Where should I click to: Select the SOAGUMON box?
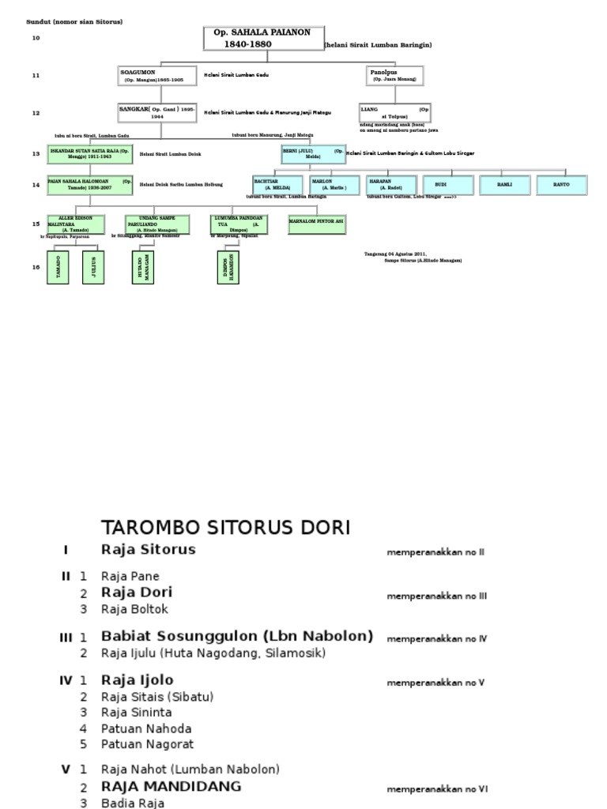point(157,76)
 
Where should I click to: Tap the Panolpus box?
point(395,76)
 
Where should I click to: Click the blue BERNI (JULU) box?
point(313,153)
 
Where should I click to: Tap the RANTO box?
point(562,185)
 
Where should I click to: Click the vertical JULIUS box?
point(94,267)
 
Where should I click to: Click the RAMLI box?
point(505,185)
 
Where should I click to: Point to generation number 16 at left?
point(36,267)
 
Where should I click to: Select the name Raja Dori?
point(137,592)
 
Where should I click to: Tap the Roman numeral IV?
point(66,679)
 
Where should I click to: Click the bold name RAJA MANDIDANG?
point(171,787)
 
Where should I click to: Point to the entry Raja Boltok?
point(134,609)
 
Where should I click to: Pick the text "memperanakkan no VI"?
point(437,788)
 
